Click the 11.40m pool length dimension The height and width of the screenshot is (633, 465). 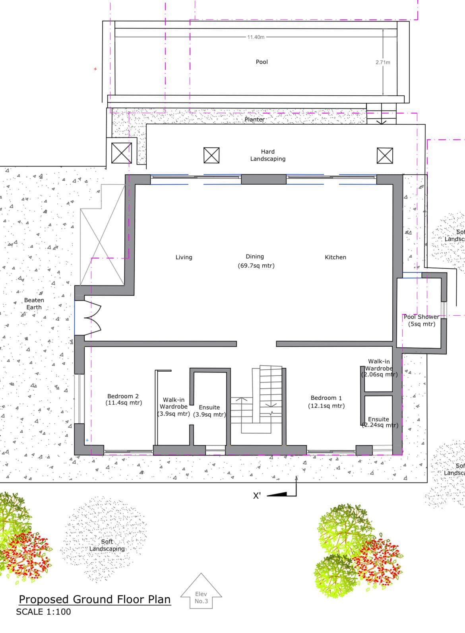256,37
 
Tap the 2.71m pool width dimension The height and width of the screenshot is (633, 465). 383,62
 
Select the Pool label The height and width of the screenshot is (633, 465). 262,62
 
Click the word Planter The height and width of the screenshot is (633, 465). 255,120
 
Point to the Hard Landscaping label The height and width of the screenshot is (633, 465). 268,155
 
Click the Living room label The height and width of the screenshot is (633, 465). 184,257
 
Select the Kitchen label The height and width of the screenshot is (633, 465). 335,257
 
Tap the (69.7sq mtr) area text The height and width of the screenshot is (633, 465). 256,266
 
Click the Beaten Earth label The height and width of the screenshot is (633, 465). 34,303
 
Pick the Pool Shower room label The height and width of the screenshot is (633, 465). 421,320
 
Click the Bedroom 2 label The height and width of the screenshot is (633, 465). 123,399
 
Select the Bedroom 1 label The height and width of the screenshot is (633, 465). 326,402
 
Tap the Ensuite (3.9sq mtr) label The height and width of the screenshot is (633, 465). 209,411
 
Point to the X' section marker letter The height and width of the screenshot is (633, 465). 257,496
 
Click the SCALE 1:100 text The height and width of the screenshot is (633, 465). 44,612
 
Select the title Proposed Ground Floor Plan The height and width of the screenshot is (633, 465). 95,599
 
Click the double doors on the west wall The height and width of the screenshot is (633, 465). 88,318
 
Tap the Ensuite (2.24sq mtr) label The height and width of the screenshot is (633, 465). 380,422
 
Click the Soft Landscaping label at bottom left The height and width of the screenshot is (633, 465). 107,545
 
